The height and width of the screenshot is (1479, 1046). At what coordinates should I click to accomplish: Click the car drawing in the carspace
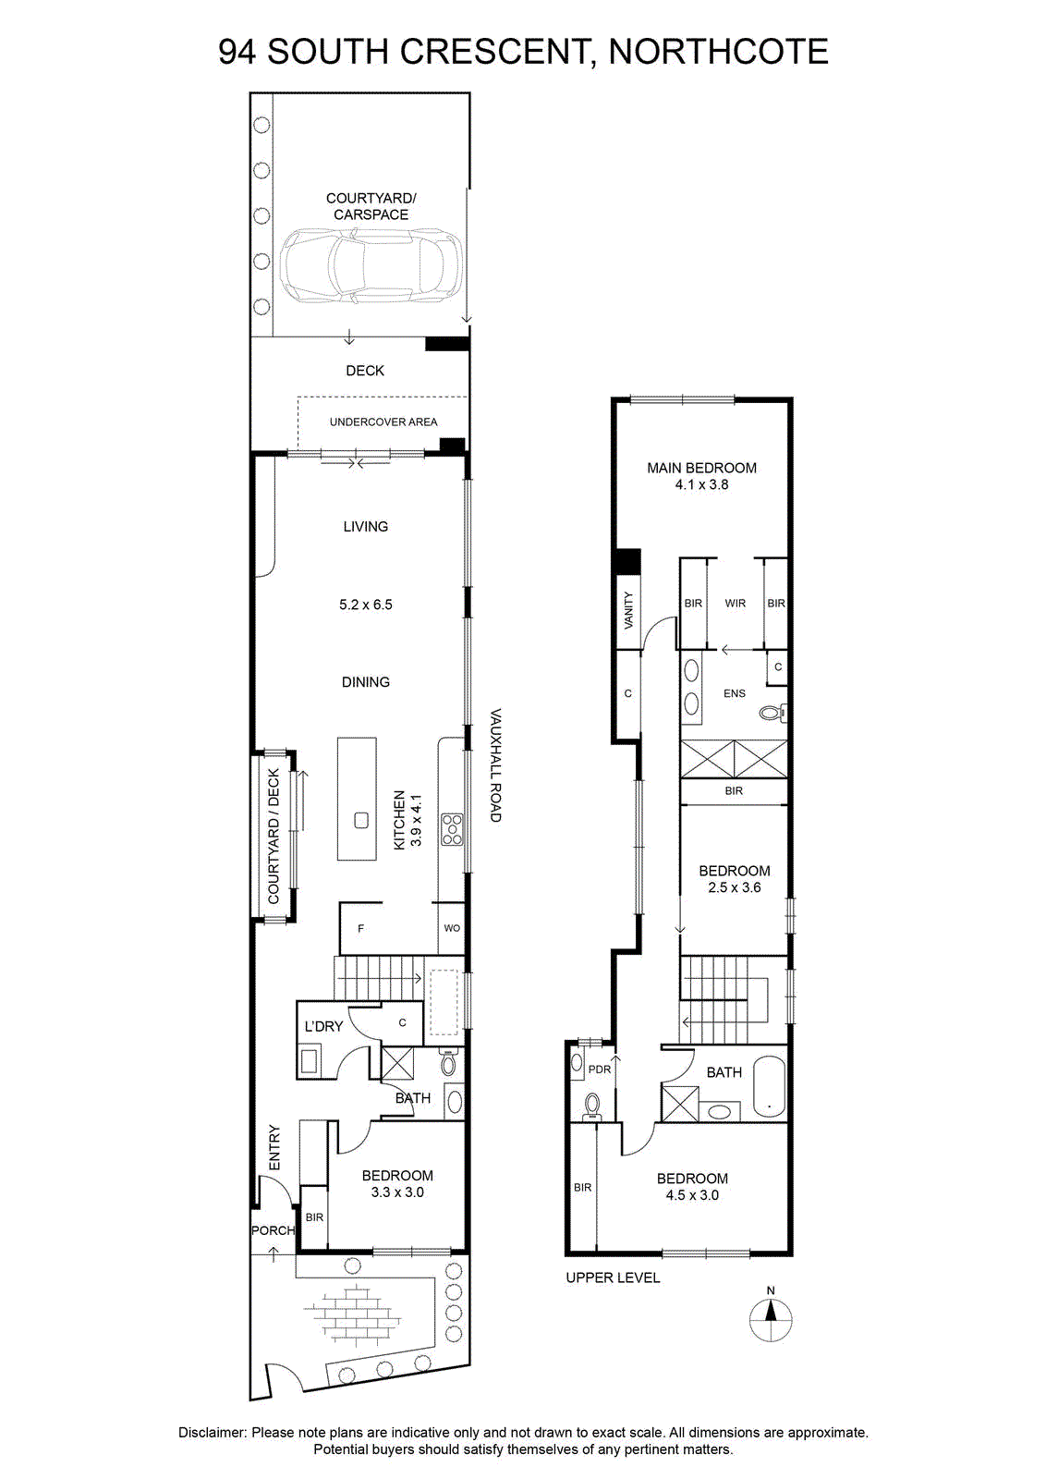point(371,266)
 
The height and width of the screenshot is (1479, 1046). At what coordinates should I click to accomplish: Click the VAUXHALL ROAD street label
point(495,765)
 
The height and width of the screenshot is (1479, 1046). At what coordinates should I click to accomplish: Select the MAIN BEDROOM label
point(701,468)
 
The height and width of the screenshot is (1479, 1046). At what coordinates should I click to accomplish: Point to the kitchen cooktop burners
point(453,829)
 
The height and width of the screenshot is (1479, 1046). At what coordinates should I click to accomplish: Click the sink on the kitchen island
point(361,821)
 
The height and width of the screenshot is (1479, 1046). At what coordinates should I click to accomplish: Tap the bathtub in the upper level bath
point(769,1087)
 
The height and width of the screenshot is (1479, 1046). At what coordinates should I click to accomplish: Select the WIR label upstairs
point(736,603)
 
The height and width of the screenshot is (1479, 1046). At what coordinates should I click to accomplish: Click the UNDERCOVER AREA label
point(383,422)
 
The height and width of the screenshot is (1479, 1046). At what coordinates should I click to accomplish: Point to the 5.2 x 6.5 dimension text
point(366,605)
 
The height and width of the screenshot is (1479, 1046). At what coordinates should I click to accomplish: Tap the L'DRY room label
point(323,1027)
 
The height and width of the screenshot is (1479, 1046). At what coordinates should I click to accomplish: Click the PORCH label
point(274,1230)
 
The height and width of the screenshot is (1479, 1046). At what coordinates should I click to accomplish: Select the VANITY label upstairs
point(628,610)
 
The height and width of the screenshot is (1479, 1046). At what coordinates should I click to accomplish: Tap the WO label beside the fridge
point(452,928)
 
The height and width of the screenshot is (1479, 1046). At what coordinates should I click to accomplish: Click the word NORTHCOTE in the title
point(718,52)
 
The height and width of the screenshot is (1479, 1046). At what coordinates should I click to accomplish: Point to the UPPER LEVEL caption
point(613,1277)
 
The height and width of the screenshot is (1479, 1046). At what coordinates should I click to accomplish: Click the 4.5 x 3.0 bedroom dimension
point(692,1195)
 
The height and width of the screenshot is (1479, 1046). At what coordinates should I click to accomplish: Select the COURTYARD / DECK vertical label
point(274,836)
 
